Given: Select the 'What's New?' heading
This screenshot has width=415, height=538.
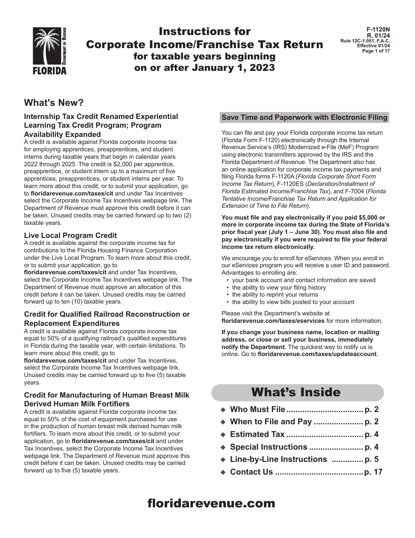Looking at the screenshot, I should point(54,103).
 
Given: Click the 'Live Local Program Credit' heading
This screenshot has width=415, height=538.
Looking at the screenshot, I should point(70,235).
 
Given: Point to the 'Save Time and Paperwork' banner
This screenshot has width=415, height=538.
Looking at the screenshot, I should point(304,117).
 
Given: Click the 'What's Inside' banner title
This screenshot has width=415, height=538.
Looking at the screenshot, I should point(296,392).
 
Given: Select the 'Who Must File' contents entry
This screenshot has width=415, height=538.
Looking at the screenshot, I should point(257,409).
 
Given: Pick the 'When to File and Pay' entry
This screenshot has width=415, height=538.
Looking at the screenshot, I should point(271,422).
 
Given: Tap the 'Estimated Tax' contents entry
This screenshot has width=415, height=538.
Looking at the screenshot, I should point(257,434).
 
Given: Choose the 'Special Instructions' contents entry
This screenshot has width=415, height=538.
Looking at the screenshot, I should point(269,447).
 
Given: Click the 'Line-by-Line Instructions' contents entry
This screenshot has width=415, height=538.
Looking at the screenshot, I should point(278,459).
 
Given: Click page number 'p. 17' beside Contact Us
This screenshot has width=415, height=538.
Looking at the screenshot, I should point(373,472).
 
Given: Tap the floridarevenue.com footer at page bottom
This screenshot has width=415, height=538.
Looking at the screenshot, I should point(211,503).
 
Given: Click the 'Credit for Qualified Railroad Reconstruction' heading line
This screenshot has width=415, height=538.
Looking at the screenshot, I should point(107,314).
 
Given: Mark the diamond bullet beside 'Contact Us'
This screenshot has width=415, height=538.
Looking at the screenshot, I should point(223,472).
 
